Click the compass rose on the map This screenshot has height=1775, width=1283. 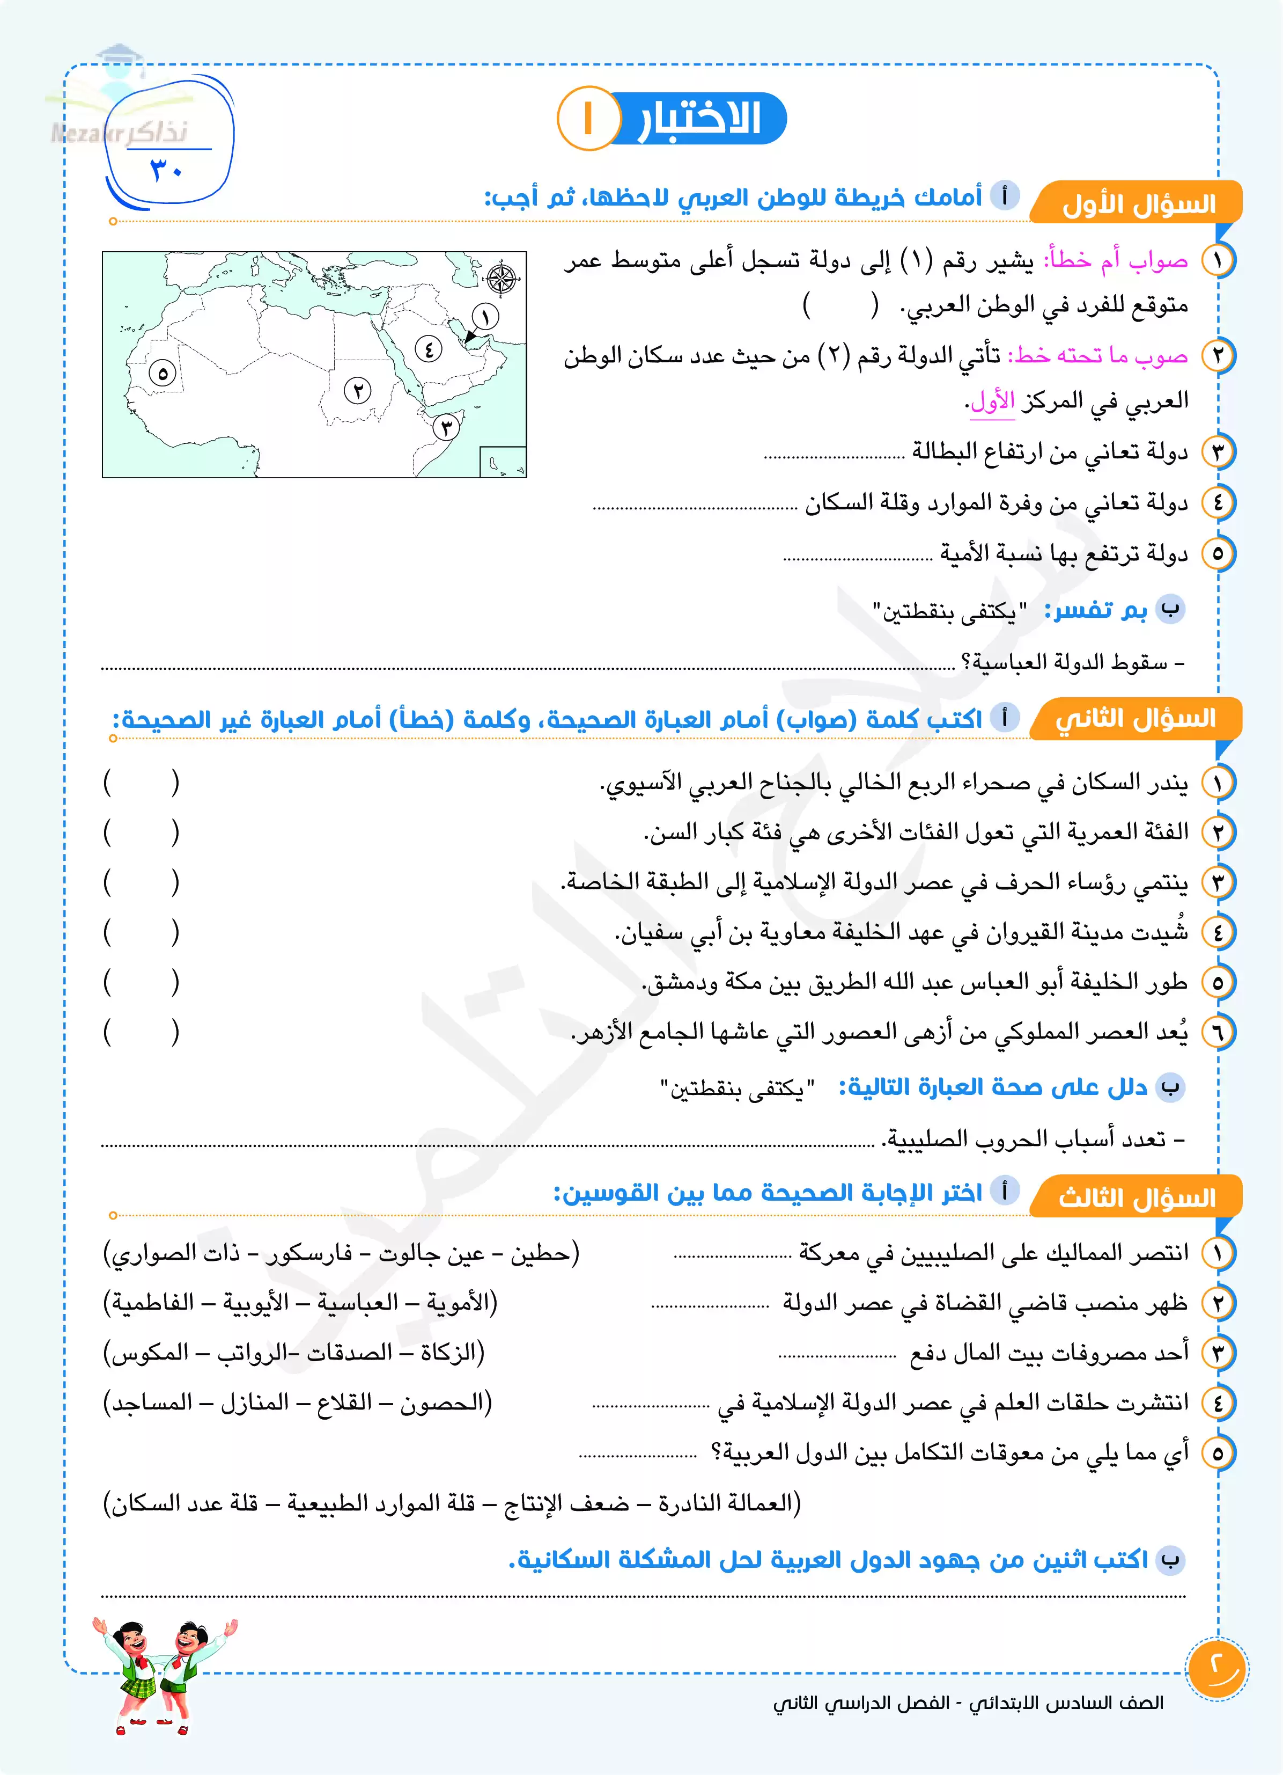click(502, 279)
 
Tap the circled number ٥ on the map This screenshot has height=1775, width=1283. click(163, 374)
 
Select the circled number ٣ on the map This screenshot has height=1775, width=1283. click(446, 427)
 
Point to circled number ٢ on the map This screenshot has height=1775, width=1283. click(358, 390)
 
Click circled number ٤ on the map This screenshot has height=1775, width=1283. click(428, 348)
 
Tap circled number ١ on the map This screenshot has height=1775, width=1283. click(485, 317)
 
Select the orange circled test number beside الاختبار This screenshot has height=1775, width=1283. click(587, 118)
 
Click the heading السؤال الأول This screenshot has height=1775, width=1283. click(1138, 205)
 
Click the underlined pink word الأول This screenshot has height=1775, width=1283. click(992, 401)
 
